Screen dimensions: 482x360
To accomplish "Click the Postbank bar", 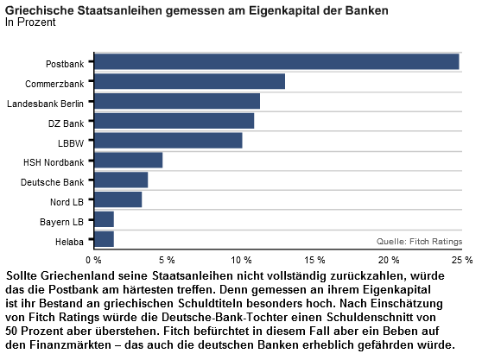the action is [x=276, y=62].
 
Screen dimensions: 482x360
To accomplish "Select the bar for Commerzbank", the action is [x=190, y=81].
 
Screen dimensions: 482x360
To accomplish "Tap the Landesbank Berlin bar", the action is [x=177, y=101].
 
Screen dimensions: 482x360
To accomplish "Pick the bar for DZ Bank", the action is [x=174, y=121].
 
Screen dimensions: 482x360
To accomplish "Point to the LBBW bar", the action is [x=168, y=141].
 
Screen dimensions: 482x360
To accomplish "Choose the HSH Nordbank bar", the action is [x=128, y=160].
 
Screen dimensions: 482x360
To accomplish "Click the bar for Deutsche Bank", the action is [x=121, y=180].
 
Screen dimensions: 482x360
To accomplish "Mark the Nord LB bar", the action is [x=118, y=199].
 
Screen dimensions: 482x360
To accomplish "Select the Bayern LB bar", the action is [x=104, y=219].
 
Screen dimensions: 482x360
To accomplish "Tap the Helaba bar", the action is [x=104, y=239].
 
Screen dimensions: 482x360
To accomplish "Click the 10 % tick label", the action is [x=241, y=260].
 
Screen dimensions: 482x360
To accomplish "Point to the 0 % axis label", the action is [x=94, y=260].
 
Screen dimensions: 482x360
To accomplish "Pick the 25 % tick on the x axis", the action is [x=462, y=260].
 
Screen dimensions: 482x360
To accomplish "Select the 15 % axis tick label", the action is [x=314, y=260].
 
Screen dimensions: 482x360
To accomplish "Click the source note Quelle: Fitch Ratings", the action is [x=419, y=242].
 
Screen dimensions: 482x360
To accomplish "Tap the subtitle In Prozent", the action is [x=30, y=22].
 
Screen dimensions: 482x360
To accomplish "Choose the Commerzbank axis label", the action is [x=54, y=84].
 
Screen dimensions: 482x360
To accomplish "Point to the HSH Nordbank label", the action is [x=54, y=162].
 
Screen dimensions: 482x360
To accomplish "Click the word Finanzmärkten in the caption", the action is [x=70, y=344].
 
